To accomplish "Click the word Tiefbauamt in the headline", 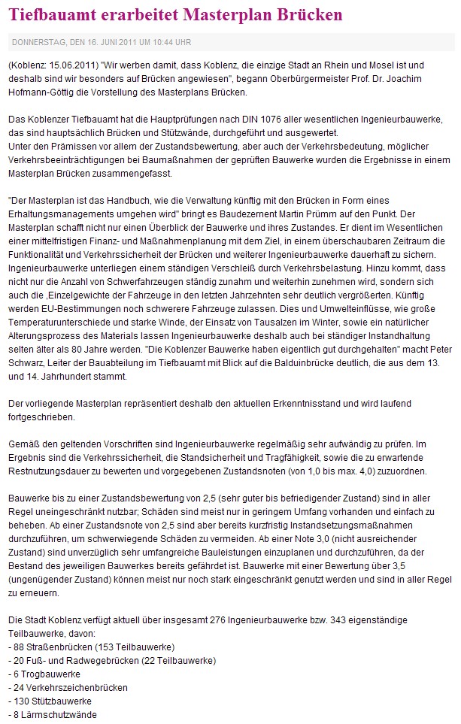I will pyautogui.click(x=50, y=14).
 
